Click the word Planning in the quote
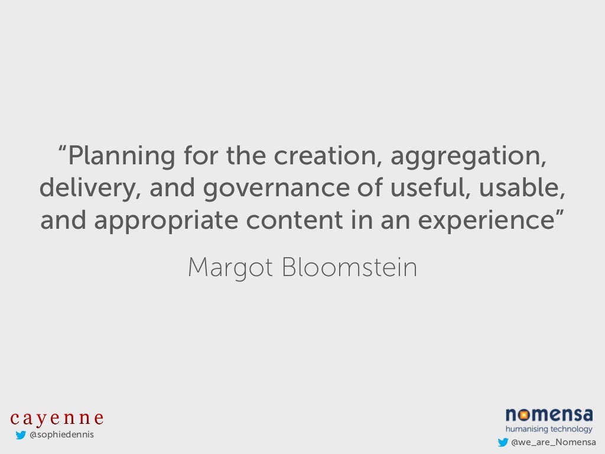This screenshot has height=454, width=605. click(122, 156)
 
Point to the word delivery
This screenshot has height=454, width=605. click(89, 188)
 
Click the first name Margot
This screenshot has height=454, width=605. click(230, 268)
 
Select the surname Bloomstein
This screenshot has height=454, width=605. click(349, 268)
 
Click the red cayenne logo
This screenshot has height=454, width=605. click(57, 418)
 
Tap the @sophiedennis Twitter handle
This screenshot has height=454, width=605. click(61, 435)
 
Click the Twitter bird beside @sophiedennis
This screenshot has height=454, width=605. click(21, 436)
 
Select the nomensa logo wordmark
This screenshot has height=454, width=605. click(549, 414)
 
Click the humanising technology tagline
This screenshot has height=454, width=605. click(549, 429)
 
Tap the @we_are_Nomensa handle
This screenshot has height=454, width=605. click(554, 442)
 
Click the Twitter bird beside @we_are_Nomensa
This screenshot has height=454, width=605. click(503, 442)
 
